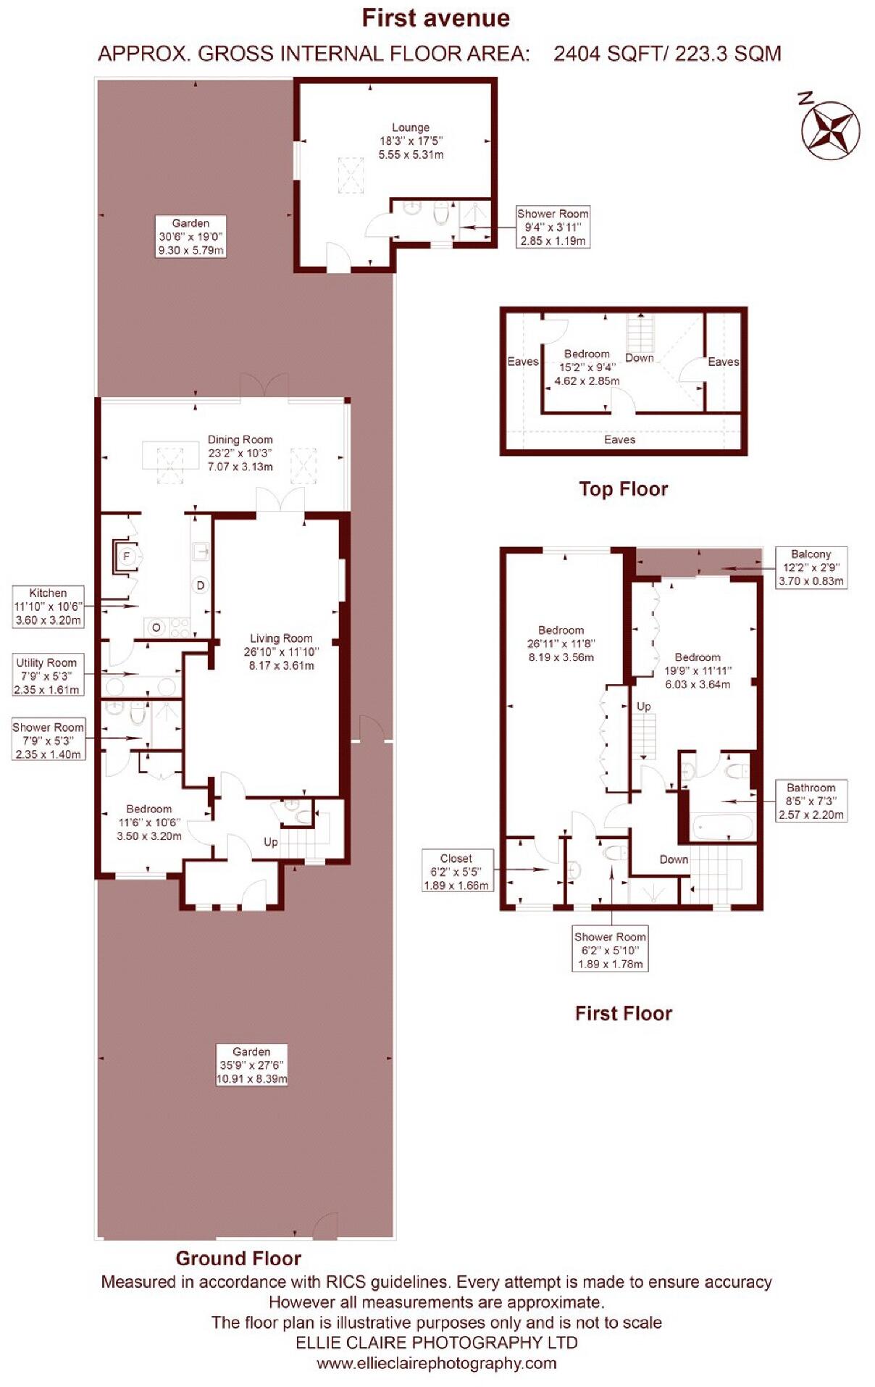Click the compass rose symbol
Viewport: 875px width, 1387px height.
[830, 131]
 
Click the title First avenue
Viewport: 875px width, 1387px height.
[436, 18]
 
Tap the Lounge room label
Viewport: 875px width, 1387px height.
[411, 141]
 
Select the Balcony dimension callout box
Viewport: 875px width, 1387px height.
[811, 567]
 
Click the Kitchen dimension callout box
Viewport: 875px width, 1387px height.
[48, 607]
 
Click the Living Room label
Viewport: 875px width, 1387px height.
[281, 651]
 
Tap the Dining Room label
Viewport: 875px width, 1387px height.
[240, 452]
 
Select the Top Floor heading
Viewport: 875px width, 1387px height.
[623, 489]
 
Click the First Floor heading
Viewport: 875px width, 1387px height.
[623, 1013]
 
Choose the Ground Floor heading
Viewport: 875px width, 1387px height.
[238, 1258]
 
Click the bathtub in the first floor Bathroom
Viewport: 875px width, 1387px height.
[721, 827]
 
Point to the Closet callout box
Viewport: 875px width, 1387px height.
[456, 871]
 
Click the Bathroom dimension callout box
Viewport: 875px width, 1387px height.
[811, 801]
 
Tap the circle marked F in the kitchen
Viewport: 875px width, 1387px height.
[127, 557]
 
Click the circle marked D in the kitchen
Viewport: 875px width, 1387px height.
[201, 585]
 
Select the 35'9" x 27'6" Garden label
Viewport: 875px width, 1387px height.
[251, 1065]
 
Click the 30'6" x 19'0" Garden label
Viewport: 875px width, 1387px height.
[191, 236]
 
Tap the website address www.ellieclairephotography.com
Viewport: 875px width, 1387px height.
[436, 1362]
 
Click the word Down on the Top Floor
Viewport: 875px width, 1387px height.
[639, 358]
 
